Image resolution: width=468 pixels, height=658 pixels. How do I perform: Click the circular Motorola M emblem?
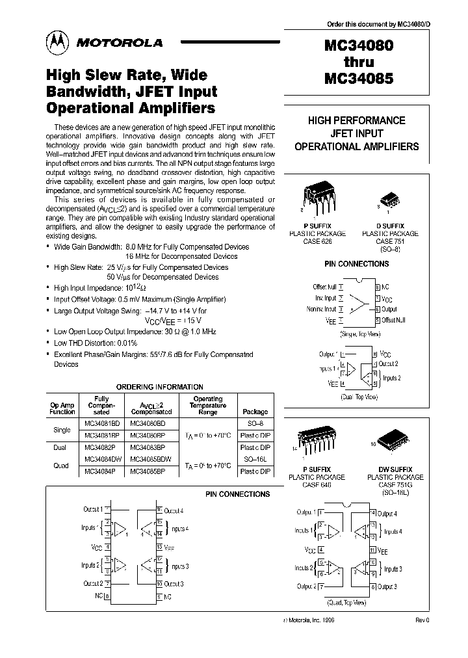pos(56,42)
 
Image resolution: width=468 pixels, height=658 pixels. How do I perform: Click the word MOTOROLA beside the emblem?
pos(120,43)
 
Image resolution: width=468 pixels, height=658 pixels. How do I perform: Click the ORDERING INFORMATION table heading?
pos(159,387)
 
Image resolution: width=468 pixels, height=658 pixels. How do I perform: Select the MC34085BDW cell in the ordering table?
pos(151,458)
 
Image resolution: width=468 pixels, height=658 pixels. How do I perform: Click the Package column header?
pos(255,412)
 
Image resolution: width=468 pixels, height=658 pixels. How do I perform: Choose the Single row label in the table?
pos(62,430)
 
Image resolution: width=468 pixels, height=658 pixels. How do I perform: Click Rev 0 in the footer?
pos(422,620)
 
